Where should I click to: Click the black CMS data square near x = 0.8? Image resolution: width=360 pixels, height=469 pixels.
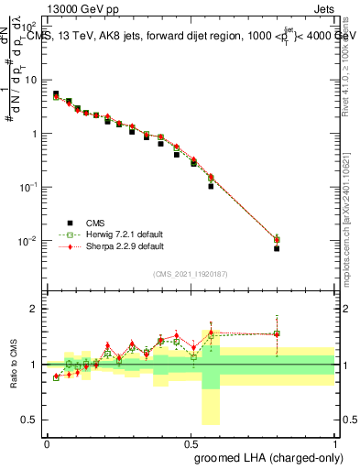point(277,248)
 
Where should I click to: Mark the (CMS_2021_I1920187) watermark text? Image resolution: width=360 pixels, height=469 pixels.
point(191,274)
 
